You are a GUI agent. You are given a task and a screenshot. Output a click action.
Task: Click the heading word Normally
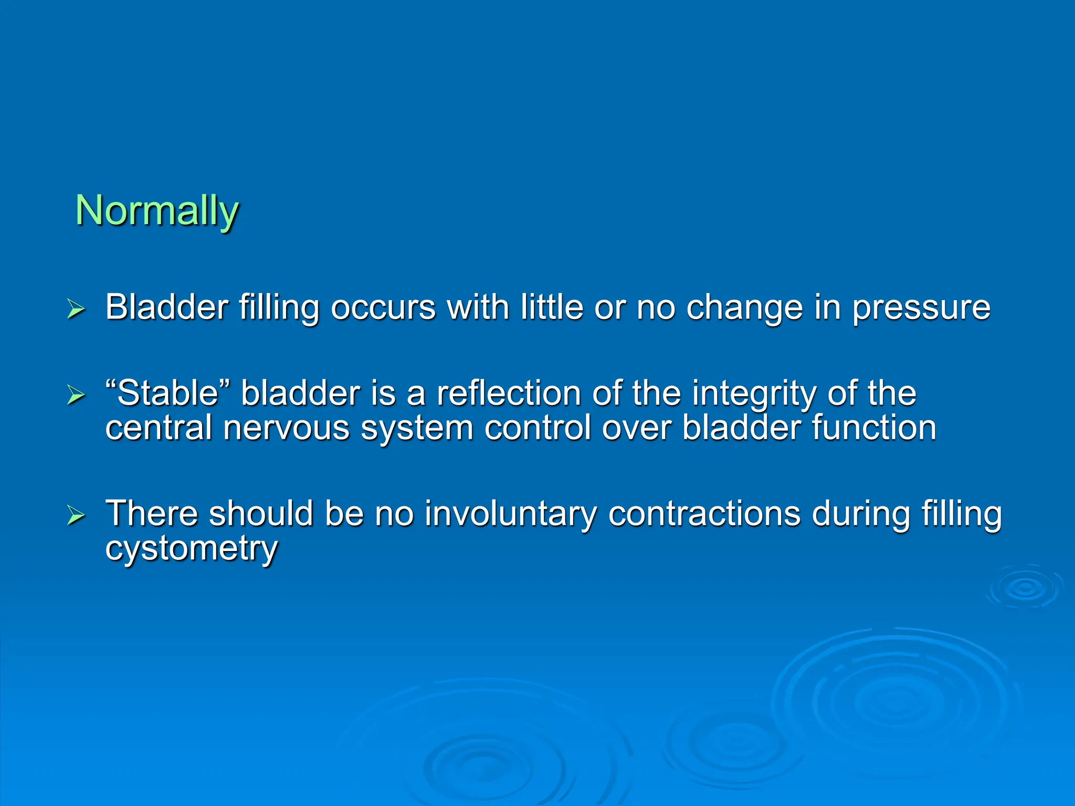coord(157,210)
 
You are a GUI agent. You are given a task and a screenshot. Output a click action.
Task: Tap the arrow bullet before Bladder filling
coord(76,309)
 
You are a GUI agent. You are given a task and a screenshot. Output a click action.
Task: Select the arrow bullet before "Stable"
coord(76,395)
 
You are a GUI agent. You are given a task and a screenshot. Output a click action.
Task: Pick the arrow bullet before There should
coord(76,515)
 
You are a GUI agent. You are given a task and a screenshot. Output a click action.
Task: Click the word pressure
coord(921,308)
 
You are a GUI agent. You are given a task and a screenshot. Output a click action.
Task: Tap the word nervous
coord(286,428)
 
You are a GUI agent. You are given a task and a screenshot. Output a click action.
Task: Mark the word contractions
coord(704,513)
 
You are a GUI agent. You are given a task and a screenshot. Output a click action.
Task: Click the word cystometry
coord(191,549)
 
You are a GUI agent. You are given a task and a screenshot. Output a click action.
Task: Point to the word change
coord(744,308)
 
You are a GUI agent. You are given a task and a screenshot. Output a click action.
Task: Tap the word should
coord(261,513)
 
